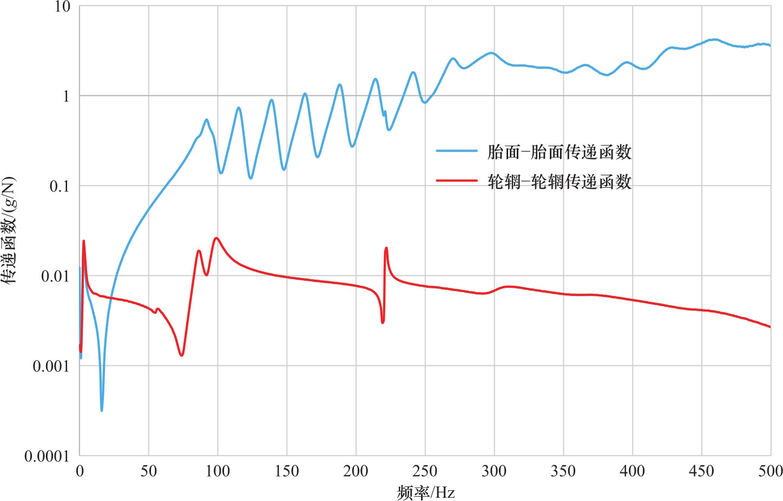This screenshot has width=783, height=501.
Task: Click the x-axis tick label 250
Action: coord(425,471)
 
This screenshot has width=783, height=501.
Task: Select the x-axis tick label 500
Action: coord(770,471)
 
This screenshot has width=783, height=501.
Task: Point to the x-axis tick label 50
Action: coord(149,471)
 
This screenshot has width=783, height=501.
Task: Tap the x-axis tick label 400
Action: coord(632,471)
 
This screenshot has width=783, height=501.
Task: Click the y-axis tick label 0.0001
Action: coord(47,457)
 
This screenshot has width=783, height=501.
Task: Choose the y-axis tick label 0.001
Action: coord(51,366)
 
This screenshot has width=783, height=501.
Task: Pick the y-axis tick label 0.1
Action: coord(60,186)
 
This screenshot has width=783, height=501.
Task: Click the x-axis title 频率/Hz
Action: coord(425,492)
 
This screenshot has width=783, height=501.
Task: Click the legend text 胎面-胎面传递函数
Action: coord(560,152)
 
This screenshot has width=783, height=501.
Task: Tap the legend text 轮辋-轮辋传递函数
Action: coord(560,182)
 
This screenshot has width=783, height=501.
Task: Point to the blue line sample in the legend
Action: coord(457,151)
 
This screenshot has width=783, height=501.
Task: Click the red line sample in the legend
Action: coord(457,181)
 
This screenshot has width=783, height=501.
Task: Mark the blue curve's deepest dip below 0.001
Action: coord(102,410)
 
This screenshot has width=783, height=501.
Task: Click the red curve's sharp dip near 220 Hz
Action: coord(383,322)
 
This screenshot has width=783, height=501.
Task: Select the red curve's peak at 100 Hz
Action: coord(216,238)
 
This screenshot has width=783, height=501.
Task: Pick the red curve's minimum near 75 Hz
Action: coord(182,355)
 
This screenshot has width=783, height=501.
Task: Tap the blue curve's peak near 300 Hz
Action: coord(491,52)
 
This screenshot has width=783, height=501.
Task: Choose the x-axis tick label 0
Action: coord(80,471)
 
